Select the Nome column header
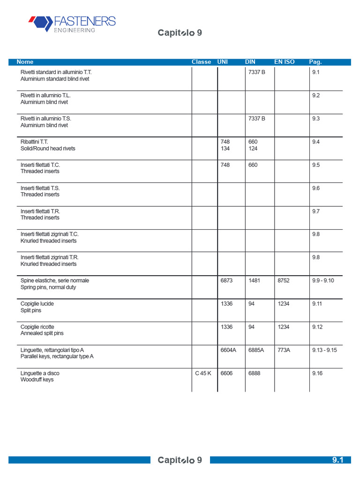pos(25,62)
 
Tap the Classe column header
pos(201,62)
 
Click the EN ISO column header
pos(284,62)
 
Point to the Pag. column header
pos(315,62)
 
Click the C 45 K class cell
pos(203,373)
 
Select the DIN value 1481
pos(254,280)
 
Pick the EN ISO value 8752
pos(284,280)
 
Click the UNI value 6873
pos(226,280)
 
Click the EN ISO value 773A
pos(284,350)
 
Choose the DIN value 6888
pos(254,373)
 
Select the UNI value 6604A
pos(228,350)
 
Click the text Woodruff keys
pos(37,380)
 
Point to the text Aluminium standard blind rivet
pos(55,79)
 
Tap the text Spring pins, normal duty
pos(49,287)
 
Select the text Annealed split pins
pos(42,333)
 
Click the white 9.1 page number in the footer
pos(338,460)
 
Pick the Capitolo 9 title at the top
pos(180,33)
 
